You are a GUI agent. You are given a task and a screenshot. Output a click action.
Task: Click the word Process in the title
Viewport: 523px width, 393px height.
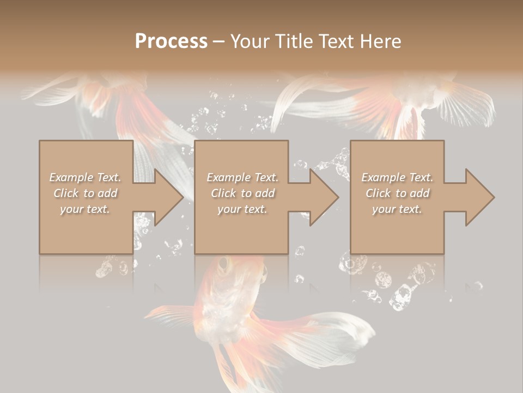click(x=171, y=41)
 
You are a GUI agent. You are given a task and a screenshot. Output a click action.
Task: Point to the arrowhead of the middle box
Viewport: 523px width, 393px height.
click(x=323, y=197)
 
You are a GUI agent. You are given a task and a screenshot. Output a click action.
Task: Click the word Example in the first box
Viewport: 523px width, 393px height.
click(x=71, y=177)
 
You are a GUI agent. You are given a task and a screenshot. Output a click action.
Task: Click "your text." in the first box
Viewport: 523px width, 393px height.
click(x=85, y=209)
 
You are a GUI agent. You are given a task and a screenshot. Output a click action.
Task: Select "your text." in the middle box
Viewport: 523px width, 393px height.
click(x=242, y=209)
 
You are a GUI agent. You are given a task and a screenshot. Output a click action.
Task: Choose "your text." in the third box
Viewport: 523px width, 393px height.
click(x=397, y=209)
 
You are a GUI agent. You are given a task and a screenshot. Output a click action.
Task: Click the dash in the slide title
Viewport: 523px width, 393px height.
click(x=218, y=41)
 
